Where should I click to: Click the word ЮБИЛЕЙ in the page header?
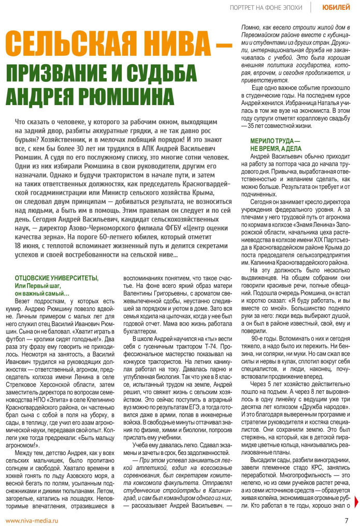tap(335, 7)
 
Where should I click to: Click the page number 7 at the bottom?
tap(347, 520)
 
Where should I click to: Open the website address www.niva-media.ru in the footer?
tap(32, 520)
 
